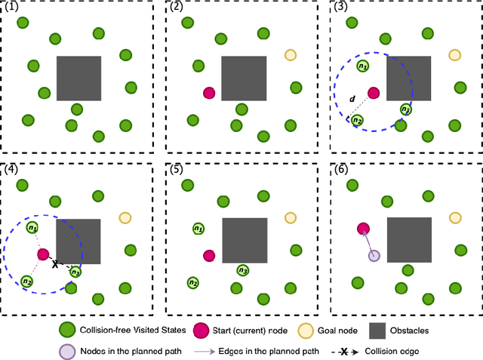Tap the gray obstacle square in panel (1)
(x=78, y=78)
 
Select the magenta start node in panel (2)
(x=209, y=93)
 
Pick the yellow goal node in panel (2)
(x=291, y=54)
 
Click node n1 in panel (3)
(x=364, y=67)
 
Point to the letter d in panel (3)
(x=352, y=100)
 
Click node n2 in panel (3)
(x=357, y=119)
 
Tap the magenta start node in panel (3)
(x=374, y=93)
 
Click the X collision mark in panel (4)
(x=55, y=264)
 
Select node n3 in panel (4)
(x=75, y=272)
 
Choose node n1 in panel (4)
(x=32, y=227)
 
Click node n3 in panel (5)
(x=242, y=270)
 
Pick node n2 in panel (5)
(x=193, y=282)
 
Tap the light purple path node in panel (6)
(x=374, y=256)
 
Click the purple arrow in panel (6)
(x=368, y=242)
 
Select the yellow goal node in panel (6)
(x=454, y=218)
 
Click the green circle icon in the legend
(x=67, y=329)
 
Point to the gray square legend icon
(x=378, y=329)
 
